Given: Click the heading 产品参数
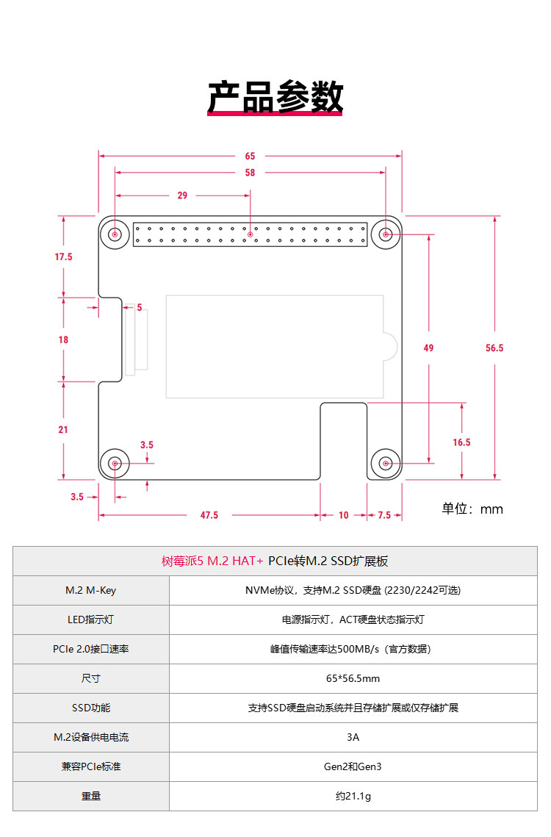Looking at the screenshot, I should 275,97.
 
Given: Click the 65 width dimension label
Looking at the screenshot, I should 251,156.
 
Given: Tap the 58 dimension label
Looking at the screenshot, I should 251,173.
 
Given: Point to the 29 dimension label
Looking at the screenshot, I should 182,195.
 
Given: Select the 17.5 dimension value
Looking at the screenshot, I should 63,257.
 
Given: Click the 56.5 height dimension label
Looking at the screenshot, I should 494,348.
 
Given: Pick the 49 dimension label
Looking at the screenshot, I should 428,348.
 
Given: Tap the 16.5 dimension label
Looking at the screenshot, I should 462,442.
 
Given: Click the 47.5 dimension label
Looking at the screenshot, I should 209,515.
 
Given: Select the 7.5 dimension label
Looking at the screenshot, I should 384,515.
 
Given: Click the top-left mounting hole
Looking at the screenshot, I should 115,234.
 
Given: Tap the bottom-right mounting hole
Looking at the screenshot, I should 386,464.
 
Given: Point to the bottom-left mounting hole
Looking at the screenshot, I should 115,464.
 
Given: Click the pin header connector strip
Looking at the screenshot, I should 251,234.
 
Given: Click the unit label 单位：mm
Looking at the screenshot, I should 472,509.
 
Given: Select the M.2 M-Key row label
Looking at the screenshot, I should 90,590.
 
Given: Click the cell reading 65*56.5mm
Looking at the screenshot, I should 353,678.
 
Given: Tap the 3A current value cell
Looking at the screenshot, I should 353,737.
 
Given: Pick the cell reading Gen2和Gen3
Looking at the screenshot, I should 353,766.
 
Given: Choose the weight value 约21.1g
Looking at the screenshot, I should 353,796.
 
